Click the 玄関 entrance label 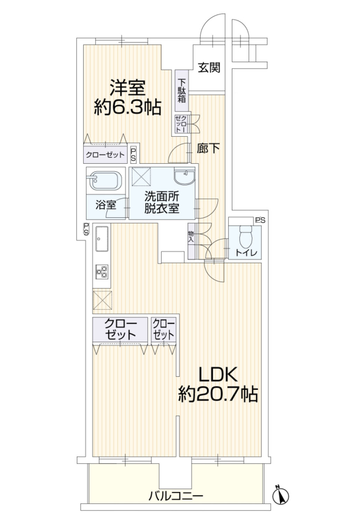point(209,68)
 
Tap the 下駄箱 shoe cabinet point(182,91)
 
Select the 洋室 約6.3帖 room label point(128,97)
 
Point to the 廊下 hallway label point(208,148)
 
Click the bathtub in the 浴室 point(104,181)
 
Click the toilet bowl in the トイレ point(245,236)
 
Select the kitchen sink point(102,239)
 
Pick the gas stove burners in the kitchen point(102,271)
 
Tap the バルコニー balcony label point(175,496)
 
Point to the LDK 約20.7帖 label point(218,384)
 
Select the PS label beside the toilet point(260,220)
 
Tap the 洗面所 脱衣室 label point(162,202)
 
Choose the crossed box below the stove point(103,300)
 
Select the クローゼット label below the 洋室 point(105,155)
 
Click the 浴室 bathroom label point(106,205)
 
